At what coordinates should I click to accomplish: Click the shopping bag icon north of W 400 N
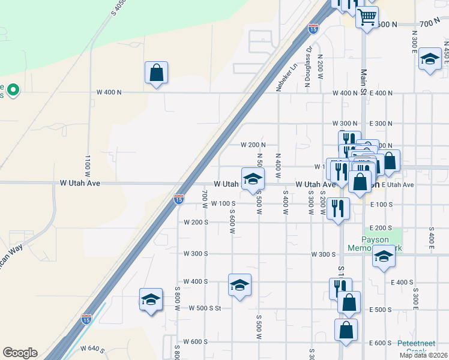[x=156, y=73]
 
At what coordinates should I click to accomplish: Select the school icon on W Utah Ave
[x=253, y=178]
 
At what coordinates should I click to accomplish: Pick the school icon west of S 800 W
[x=151, y=299]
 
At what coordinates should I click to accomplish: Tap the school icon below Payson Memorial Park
[x=384, y=257]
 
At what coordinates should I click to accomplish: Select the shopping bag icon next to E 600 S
[x=346, y=329]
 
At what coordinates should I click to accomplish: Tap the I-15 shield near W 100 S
[x=179, y=199]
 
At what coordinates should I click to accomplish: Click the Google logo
[x=20, y=353]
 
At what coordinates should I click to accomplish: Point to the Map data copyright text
[x=423, y=355]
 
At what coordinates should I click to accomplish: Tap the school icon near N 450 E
[x=429, y=59]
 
